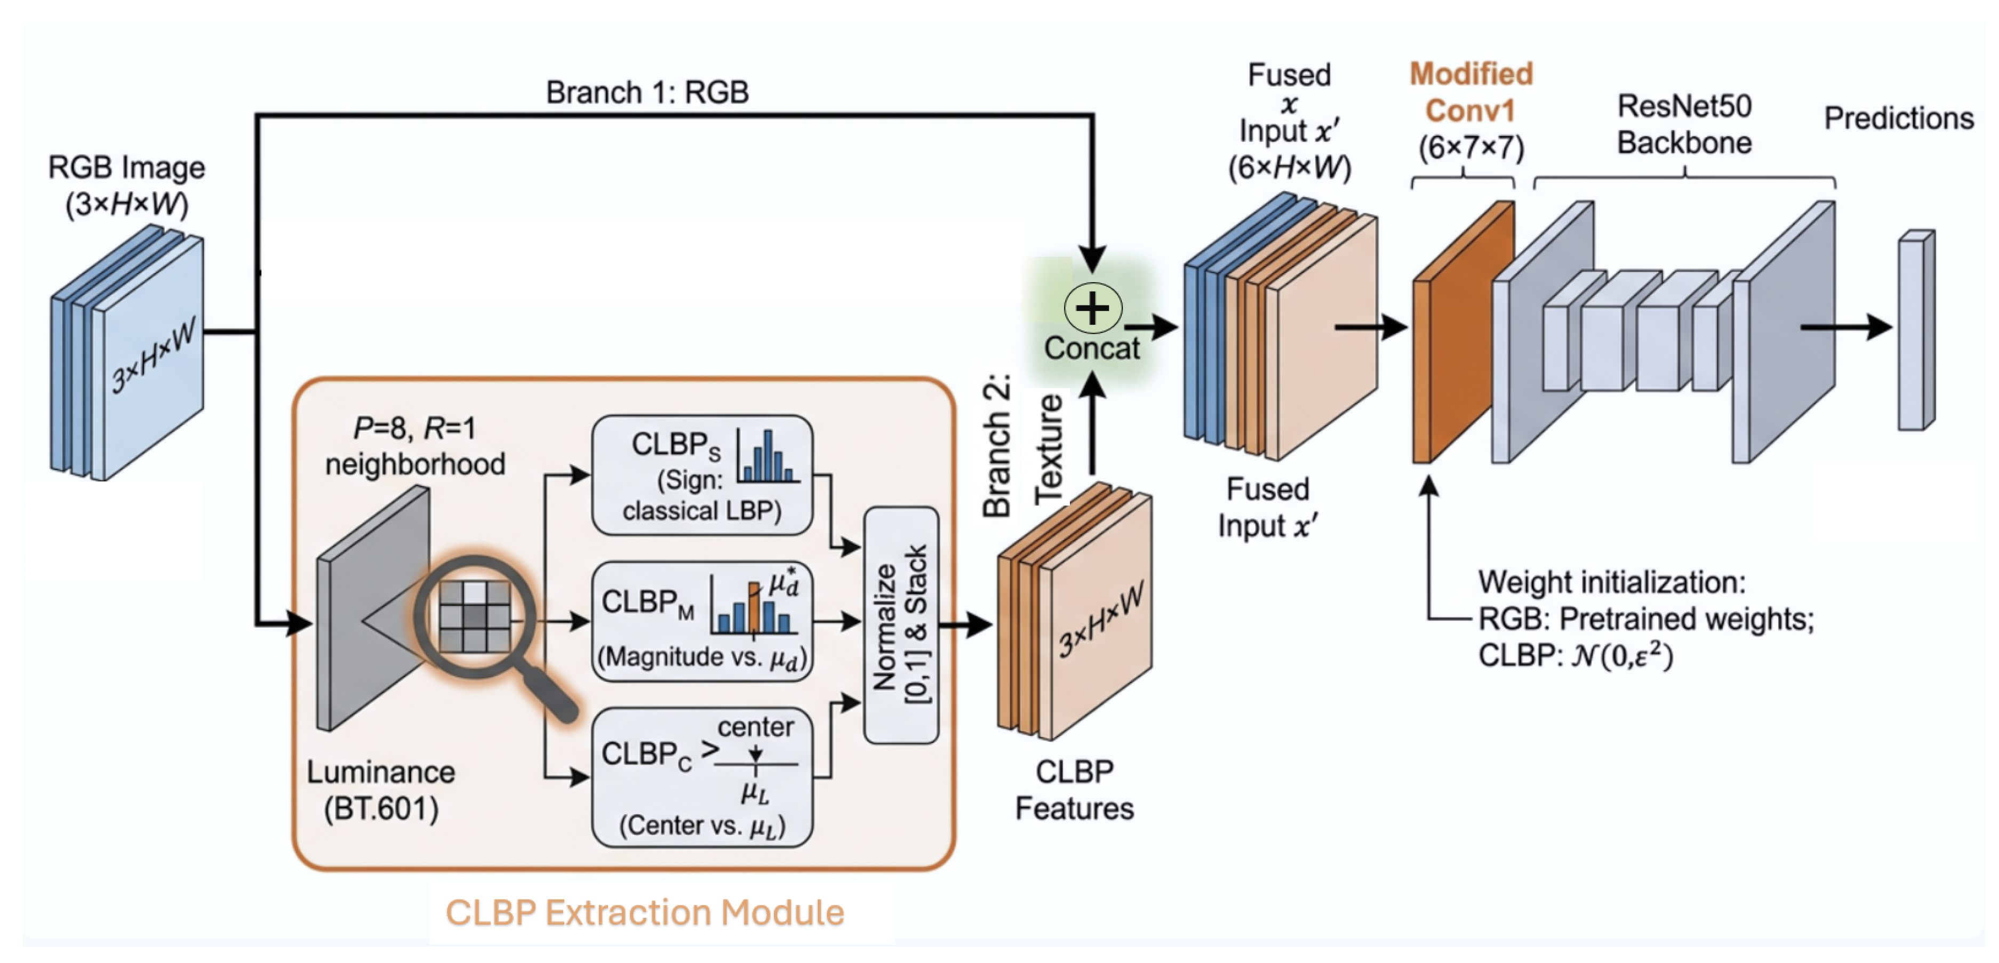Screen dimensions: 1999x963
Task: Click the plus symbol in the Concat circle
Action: pyautogui.click(x=1093, y=308)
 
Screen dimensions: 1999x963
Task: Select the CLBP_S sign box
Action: pyautogui.click(x=702, y=475)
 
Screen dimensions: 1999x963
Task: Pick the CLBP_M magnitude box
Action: pyautogui.click(x=702, y=621)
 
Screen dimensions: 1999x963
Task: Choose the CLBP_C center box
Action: pyautogui.click(x=702, y=776)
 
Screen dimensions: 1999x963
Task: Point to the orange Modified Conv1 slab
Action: pyautogui.click(x=1463, y=332)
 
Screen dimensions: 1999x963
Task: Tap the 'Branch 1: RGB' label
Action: pyautogui.click(x=647, y=92)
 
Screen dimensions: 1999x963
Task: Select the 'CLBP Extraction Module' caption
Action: pyautogui.click(x=644, y=912)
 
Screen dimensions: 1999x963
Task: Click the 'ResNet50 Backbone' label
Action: pyautogui.click(x=1684, y=124)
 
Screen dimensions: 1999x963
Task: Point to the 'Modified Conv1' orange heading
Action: pyautogui.click(x=1470, y=92)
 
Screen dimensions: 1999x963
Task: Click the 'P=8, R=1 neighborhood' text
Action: pyautogui.click(x=415, y=446)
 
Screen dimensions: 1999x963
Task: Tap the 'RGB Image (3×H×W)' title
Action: pyautogui.click(x=126, y=186)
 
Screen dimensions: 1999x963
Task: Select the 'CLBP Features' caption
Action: pyautogui.click(x=1075, y=790)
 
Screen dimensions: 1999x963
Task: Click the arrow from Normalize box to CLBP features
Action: pyautogui.click(x=965, y=624)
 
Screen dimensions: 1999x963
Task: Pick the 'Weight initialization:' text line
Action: pyautogui.click(x=1612, y=582)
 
